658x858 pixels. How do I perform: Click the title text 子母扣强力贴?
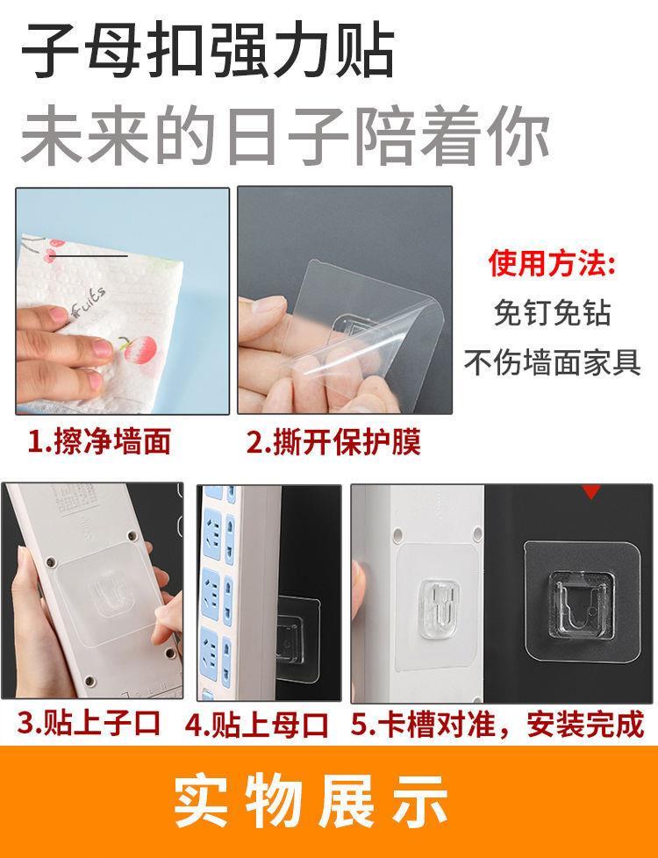(x=208, y=50)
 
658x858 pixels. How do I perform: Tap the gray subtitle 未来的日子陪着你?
(x=285, y=137)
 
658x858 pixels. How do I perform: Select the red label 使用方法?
(x=553, y=263)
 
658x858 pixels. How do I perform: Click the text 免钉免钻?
(x=553, y=313)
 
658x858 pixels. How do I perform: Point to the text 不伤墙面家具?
(x=553, y=361)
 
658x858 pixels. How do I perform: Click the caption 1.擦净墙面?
(x=99, y=441)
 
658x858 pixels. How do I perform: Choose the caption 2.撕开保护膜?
(x=333, y=441)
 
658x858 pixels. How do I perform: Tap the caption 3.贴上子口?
(x=89, y=723)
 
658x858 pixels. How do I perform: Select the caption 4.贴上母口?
(x=256, y=725)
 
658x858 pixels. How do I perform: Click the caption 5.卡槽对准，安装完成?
(x=497, y=724)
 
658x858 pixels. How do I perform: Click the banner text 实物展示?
(x=311, y=801)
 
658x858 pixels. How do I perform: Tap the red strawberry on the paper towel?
(x=139, y=350)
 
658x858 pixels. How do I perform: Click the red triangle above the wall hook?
(x=591, y=491)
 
